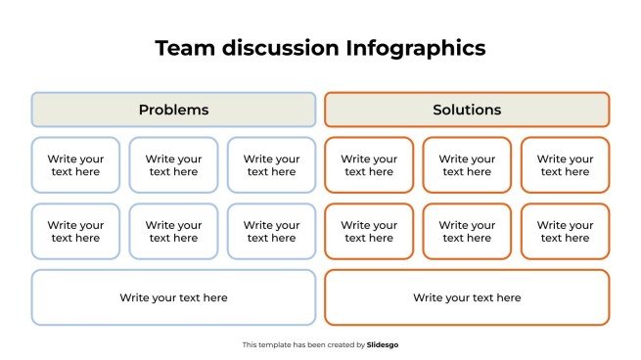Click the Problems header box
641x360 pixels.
click(x=173, y=110)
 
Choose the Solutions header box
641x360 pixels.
click(x=467, y=110)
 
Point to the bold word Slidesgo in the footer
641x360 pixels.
click(x=383, y=344)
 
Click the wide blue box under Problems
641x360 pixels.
click(x=173, y=297)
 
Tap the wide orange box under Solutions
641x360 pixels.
click(x=467, y=297)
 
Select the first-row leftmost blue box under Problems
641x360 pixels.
click(x=75, y=165)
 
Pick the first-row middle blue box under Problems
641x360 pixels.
click(x=173, y=165)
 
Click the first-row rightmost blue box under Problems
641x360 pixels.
click(x=271, y=165)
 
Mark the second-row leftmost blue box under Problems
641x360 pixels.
click(x=75, y=232)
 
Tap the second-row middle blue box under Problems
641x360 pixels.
click(x=173, y=232)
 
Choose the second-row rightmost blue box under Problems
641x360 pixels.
click(x=271, y=232)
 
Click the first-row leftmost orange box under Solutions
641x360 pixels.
click(x=369, y=165)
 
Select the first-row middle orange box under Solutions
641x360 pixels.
click(x=467, y=165)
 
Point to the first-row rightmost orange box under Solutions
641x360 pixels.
click(x=565, y=165)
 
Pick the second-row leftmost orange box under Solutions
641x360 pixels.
click(x=369, y=232)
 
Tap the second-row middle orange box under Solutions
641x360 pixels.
click(x=467, y=232)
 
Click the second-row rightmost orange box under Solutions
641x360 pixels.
click(x=565, y=232)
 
